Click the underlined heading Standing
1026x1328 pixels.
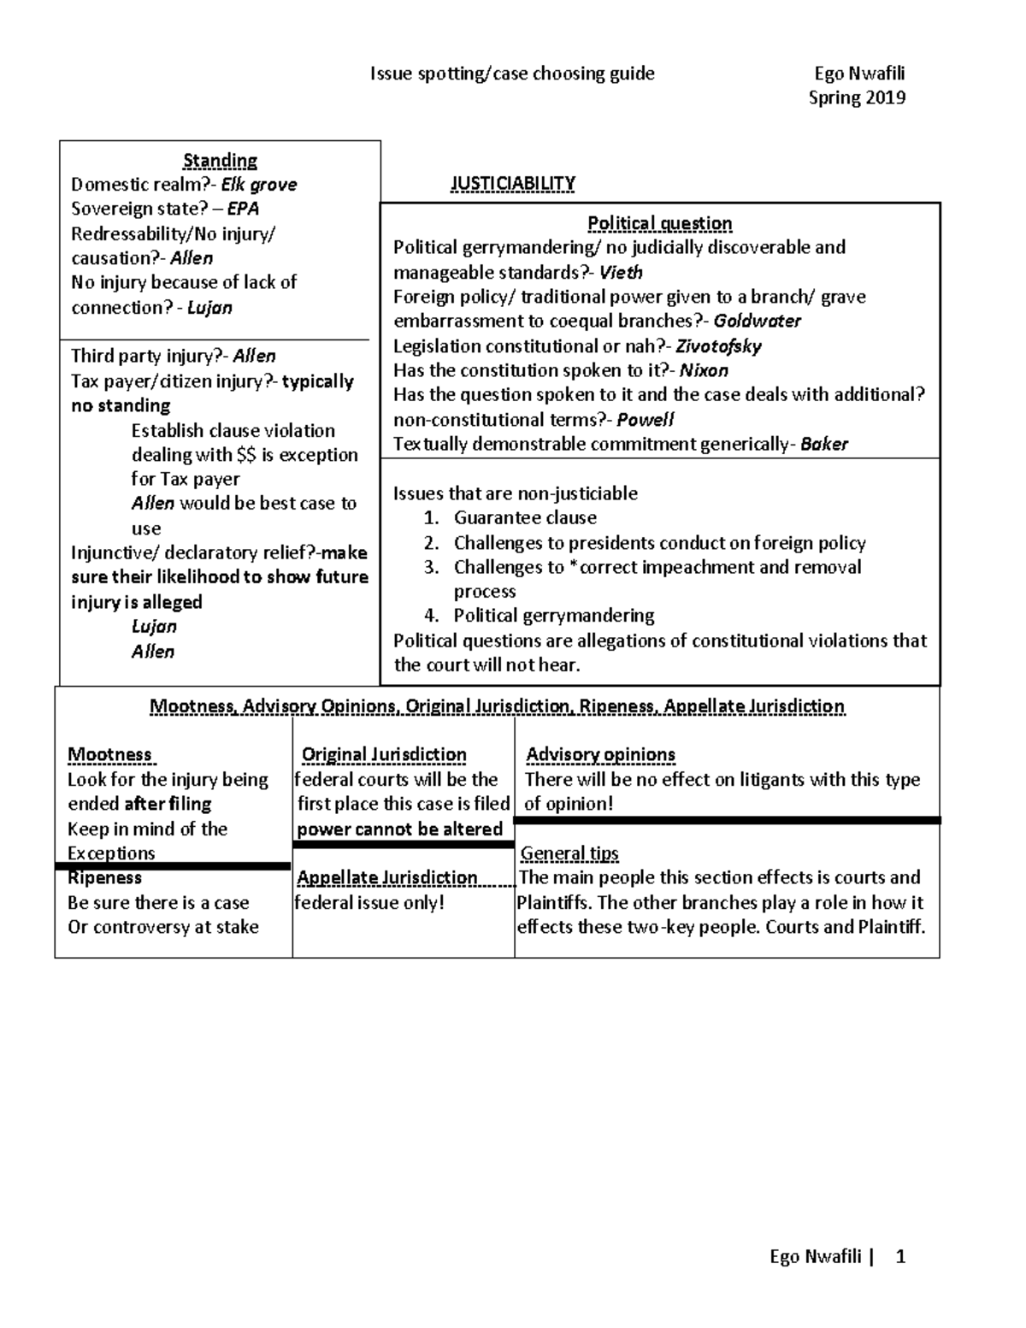tap(220, 160)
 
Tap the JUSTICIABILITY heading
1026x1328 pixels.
tap(512, 183)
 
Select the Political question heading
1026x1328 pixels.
tap(659, 223)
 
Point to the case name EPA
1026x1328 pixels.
tap(243, 209)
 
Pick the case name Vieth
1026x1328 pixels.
tap(621, 273)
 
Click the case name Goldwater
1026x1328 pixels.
tap(757, 322)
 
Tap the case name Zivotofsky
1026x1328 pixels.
tap(718, 346)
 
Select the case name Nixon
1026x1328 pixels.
tap(704, 370)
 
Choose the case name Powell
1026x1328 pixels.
tap(646, 420)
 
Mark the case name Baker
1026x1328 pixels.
tap(824, 444)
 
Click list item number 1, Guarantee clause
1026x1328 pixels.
tap(524, 517)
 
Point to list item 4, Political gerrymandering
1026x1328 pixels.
tap(553, 616)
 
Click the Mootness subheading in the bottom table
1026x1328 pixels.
tap(110, 754)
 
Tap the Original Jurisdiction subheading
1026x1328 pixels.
tap(384, 754)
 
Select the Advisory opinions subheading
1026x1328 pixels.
tap(600, 754)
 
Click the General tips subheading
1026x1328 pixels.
tap(569, 853)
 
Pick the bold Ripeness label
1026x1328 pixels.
tap(104, 878)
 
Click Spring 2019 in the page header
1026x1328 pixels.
tap(857, 97)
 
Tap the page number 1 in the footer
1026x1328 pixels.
tap(899, 1256)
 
